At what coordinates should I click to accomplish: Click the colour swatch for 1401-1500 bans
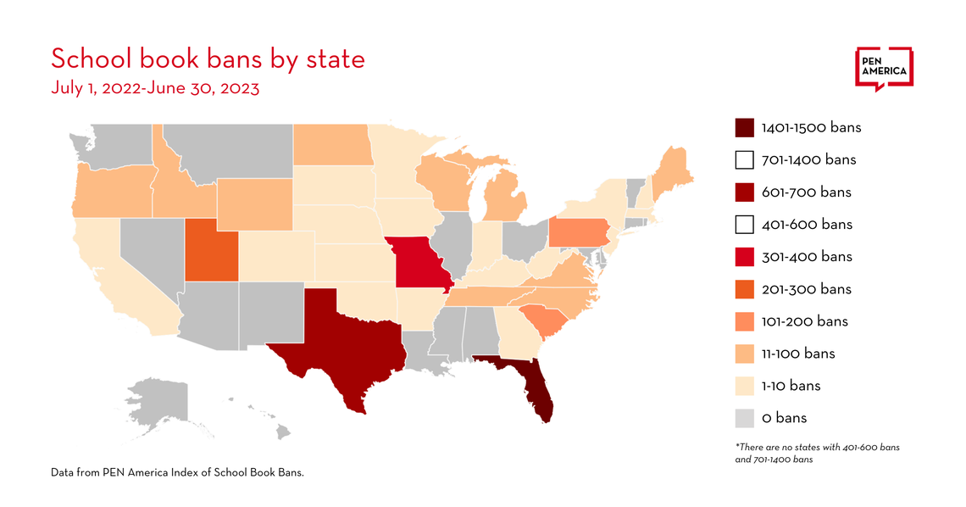click(x=744, y=128)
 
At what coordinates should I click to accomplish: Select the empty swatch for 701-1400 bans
click(x=744, y=160)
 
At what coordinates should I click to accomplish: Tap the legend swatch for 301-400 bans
click(x=744, y=257)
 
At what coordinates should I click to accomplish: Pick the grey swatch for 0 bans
click(x=744, y=418)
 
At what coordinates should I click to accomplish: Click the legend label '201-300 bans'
click(x=806, y=289)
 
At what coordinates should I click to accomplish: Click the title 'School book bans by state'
click(x=208, y=59)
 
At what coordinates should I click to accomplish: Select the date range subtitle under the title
click(x=155, y=88)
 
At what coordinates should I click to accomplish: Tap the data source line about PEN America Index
click(x=177, y=472)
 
